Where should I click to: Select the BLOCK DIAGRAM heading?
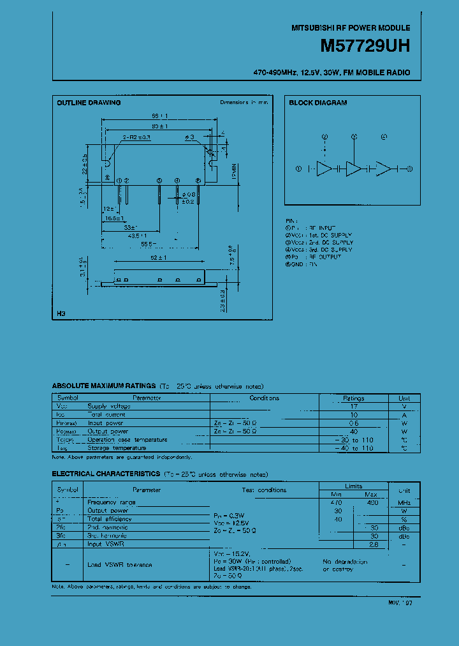tap(317, 103)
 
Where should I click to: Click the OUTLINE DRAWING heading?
tap(89, 103)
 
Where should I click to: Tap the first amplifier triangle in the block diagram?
tap(325, 169)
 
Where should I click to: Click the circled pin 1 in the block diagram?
tap(298, 169)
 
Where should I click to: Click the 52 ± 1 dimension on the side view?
tap(159, 257)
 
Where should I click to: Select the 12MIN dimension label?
tap(234, 172)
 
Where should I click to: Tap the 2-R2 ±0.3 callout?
tap(136, 137)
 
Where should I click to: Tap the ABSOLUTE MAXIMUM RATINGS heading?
tap(103, 386)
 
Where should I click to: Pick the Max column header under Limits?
tap(370, 494)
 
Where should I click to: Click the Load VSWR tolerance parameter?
tap(119, 565)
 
